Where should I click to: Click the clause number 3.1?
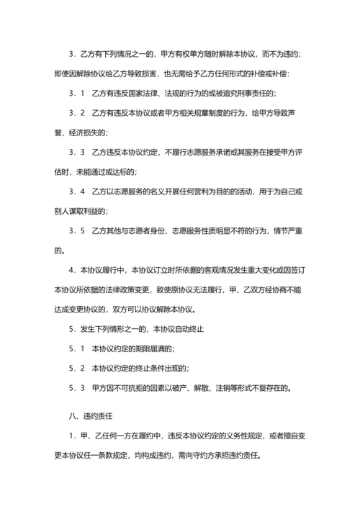coord(77,94)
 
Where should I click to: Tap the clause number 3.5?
coord(77,230)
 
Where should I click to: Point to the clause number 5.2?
coord(77,368)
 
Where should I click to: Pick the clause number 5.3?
coord(77,387)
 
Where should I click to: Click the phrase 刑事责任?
coord(256,94)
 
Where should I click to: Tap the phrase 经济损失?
coord(83,133)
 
